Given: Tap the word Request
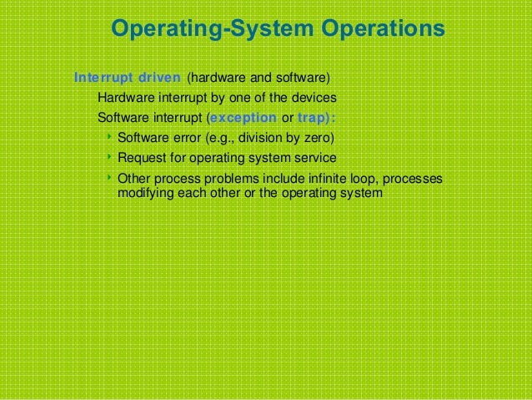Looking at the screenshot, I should [141, 158].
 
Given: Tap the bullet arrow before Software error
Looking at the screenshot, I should [109, 137].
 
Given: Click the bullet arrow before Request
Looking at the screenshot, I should [109, 157].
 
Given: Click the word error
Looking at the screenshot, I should [184, 138].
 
